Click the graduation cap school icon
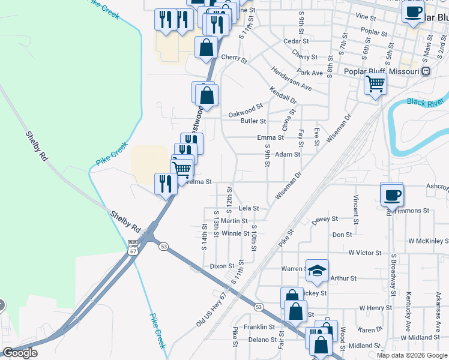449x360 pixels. point(317,271)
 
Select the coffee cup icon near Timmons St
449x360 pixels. point(392,195)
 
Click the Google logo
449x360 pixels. point(20,353)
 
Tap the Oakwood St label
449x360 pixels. point(246,111)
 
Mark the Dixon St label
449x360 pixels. point(222,266)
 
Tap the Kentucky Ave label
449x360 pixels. point(408,308)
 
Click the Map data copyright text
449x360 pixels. point(412,355)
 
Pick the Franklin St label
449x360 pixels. point(259,328)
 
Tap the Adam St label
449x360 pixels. point(288,154)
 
